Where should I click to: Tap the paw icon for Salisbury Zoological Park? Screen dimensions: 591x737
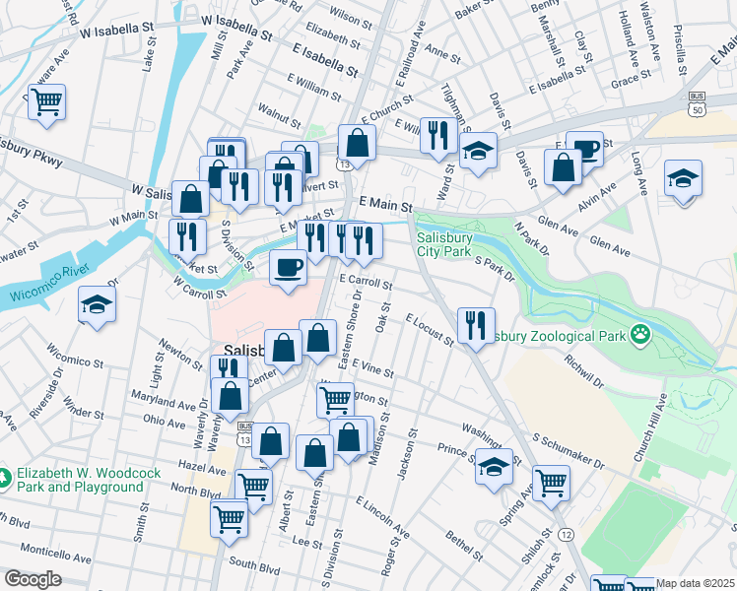641,334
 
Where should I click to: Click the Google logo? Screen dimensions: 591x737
33,579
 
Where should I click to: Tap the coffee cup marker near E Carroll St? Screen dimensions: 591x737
288,267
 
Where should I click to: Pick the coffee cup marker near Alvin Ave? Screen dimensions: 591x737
584,149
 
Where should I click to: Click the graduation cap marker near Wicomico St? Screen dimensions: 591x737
97,305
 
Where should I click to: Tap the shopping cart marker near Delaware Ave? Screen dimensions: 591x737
46,101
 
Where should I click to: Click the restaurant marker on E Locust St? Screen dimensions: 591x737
476,324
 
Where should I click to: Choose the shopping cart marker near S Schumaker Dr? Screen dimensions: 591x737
551,482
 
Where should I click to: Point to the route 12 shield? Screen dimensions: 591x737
566,533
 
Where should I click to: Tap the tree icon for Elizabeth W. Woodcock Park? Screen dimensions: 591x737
7,478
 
